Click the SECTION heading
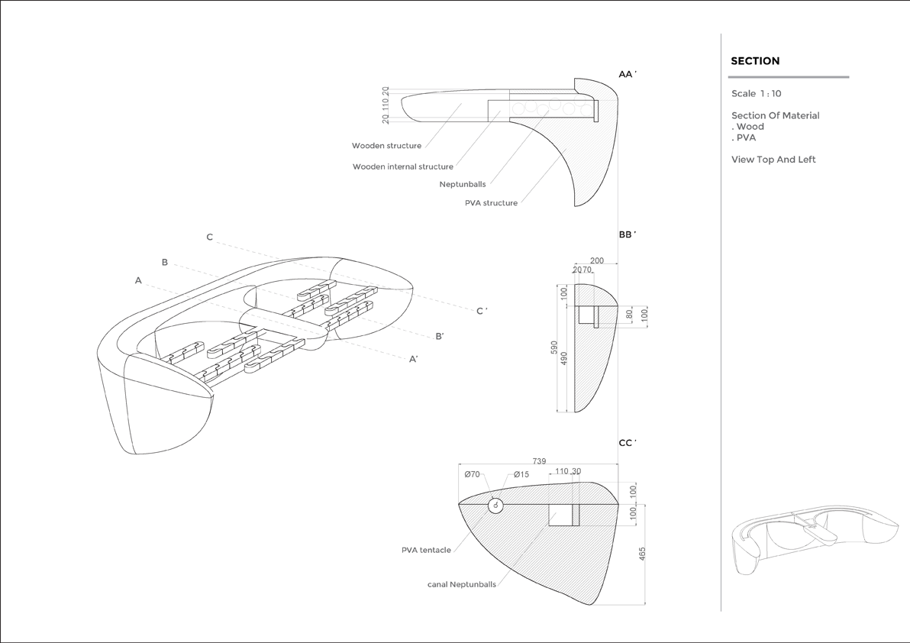[755, 61]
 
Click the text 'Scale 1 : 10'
[756, 94]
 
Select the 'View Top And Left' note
[773, 160]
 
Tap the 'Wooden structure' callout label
[386, 146]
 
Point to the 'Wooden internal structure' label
[402, 166]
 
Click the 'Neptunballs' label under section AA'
[462, 184]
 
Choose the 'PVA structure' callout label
[491, 203]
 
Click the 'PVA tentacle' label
[426, 550]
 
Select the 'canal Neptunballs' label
[461, 584]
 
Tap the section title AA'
[628, 74]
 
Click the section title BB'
[628, 234]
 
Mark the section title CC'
[628, 442]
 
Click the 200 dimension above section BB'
[596, 261]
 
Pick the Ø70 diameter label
[473, 474]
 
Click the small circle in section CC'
[495, 506]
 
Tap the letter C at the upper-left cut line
[210, 237]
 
